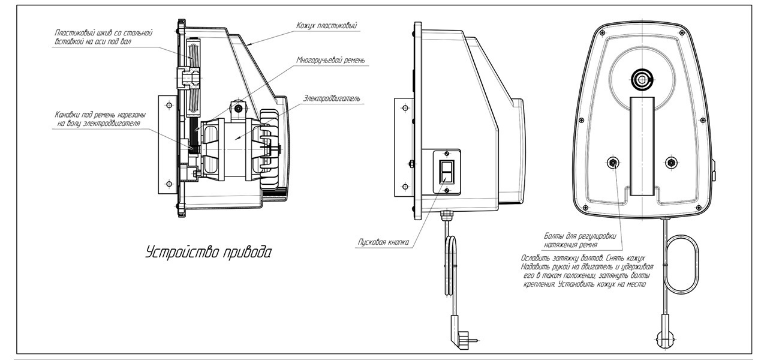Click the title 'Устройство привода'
coord(209,252)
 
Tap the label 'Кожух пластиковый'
coord(326,26)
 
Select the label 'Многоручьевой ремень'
coord(330,60)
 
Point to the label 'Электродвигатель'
coord(332,98)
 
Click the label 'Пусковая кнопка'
coord(383,242)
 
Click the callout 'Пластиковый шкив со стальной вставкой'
coord(103,37)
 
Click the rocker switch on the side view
coord(447,171)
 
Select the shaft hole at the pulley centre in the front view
coord(642,79)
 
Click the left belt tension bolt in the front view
coord(613,163)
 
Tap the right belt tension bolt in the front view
coord(671,163)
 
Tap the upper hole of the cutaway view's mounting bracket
coord(169,104)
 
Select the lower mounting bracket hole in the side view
coord(405,187)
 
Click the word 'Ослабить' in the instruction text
coord(535,258)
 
